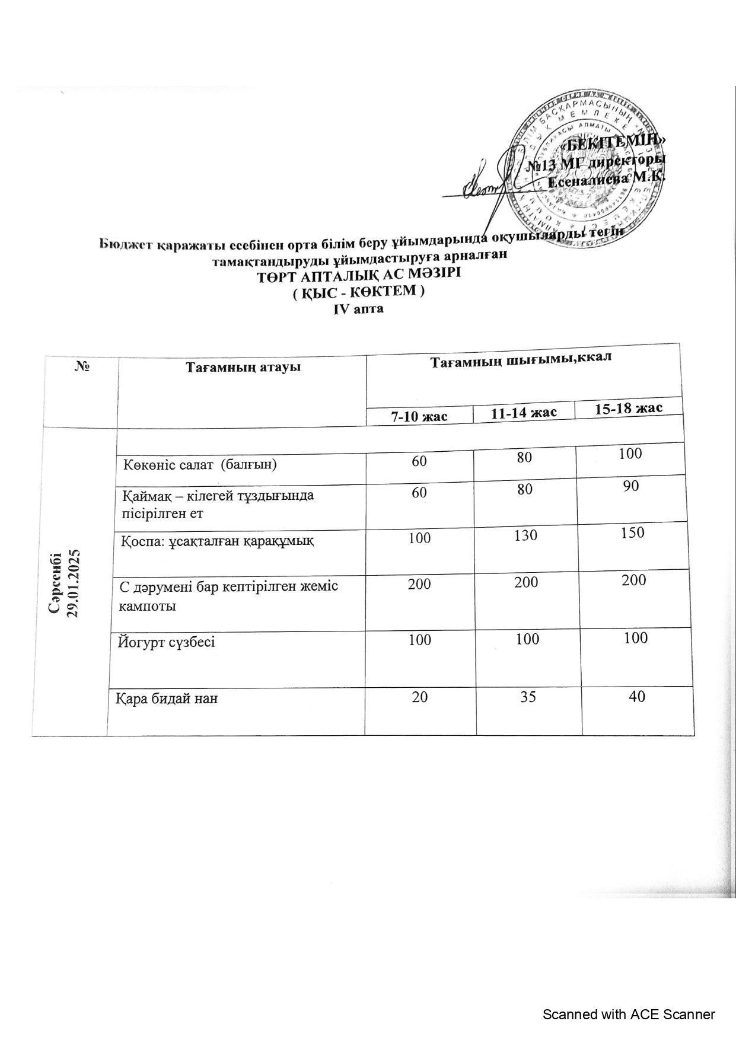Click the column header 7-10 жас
[x=419, y=416]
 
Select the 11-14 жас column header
[x=524, y=412]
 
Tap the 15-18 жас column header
[x=629, y=408]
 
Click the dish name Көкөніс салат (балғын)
[x=200, y=464]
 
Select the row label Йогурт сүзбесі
[x=167, y=642]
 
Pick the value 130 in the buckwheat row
[x=525, y=535]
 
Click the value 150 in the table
[x=633, y=532]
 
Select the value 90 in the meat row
[x=631, y=486]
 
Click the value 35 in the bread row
[x=527, y=697]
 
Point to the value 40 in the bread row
[x=637, y=696]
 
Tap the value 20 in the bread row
[x=419, y=697]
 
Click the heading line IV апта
[x=359, y=309]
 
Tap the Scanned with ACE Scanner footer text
[x=629, y=1015]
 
